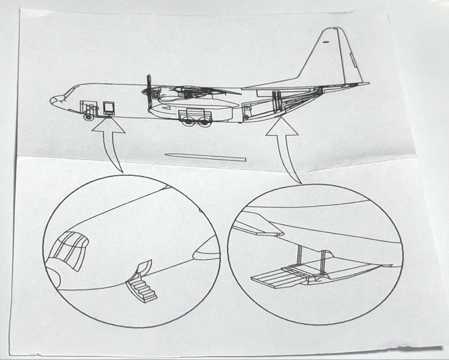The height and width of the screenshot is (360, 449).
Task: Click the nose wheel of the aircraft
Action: click(88, 117)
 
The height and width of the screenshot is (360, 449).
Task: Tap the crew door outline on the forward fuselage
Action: click(109, 107)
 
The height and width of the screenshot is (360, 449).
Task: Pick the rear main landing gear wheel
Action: click(203, 121)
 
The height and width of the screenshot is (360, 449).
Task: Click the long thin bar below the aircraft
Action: click(205, 157)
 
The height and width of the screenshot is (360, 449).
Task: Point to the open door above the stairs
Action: click(144, 268)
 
